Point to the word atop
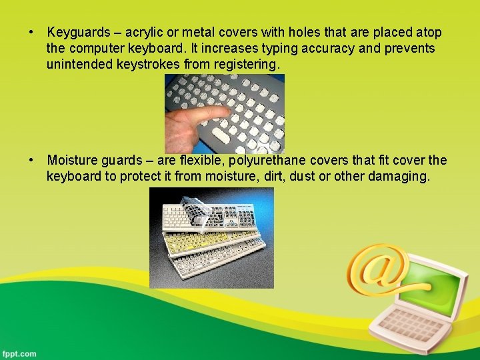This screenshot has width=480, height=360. (427, 33)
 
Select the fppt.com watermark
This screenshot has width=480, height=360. (20, 353)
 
